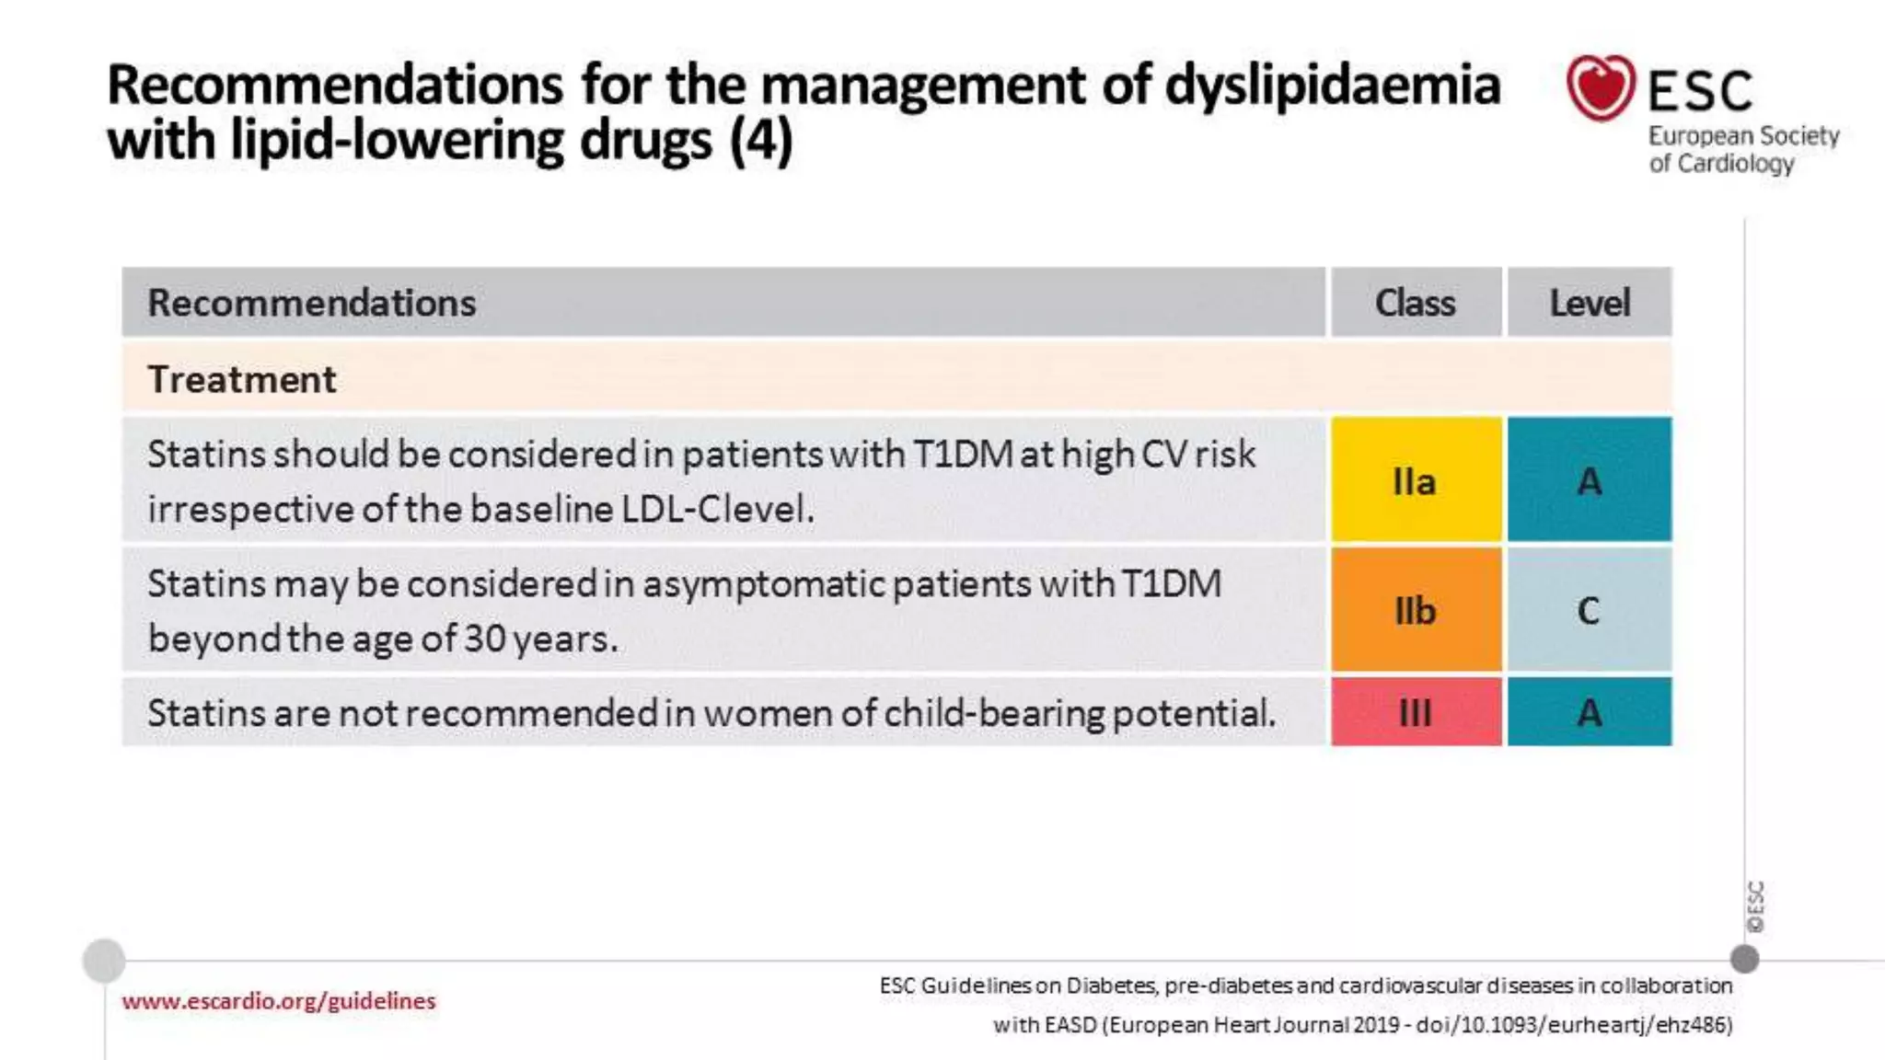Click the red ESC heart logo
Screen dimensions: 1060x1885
click(1601, 88)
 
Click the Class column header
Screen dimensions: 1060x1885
click(1416, 303)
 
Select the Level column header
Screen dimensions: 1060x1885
click(1590, 303)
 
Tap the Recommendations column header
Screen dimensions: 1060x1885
click(312, 303)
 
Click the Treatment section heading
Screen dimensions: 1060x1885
click(242, 379)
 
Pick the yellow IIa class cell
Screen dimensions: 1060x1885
click(1416, 479)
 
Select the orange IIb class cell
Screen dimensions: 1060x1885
click(1416, 610)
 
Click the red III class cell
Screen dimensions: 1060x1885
click(1416, 712)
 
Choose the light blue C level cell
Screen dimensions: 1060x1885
click(1590, 610)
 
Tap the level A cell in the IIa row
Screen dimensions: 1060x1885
click(1590, 479)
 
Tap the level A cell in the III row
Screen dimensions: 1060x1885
click(1590, 712)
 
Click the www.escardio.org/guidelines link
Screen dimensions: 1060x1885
click(279, 1001)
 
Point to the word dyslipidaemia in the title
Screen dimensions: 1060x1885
click(1333, 86)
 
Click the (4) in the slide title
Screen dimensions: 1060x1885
click(761, 142)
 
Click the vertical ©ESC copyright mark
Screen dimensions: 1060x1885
click(1756, 906)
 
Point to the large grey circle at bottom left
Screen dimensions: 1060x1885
click(104, 961)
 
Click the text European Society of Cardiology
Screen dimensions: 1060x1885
click(1742, 149)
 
